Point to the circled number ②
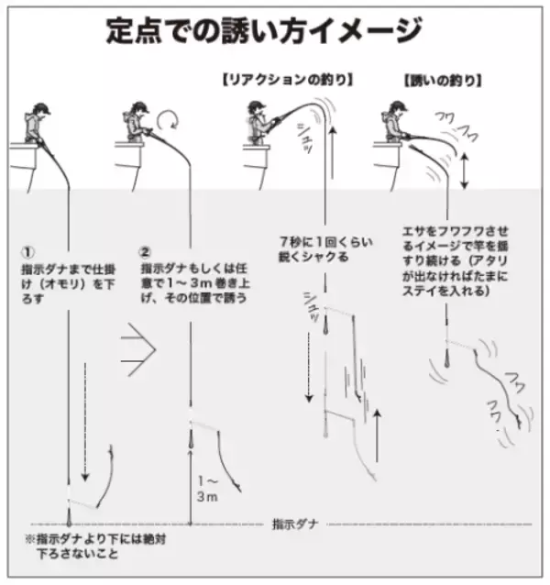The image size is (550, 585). [x=144, y=250]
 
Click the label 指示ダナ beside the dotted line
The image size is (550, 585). [x=293, y=524]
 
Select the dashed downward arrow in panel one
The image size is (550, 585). [x=84, y=422]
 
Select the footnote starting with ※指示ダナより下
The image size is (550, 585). [x=87, y=546]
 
